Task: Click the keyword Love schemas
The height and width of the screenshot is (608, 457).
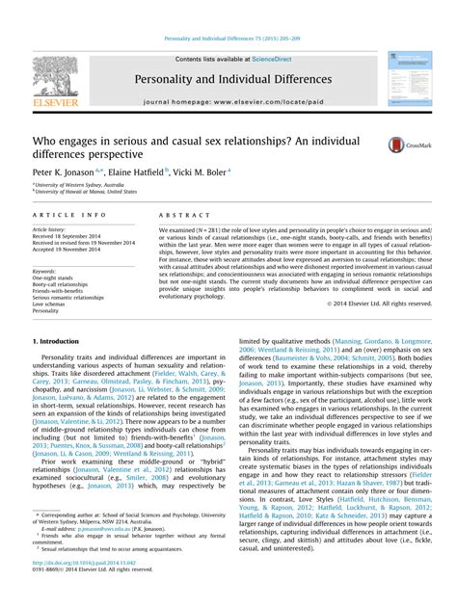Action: (52, 304)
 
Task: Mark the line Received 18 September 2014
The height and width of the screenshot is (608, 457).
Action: (70, 236)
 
